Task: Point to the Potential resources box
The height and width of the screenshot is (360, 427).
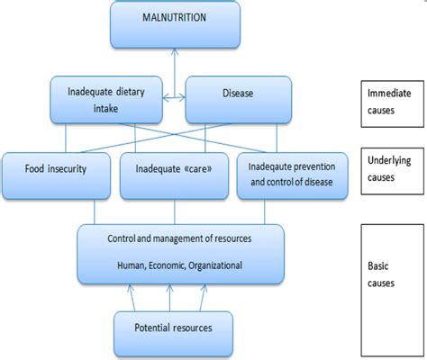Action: (174, 328)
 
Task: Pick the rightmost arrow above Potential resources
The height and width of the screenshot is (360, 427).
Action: (205, 295)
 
